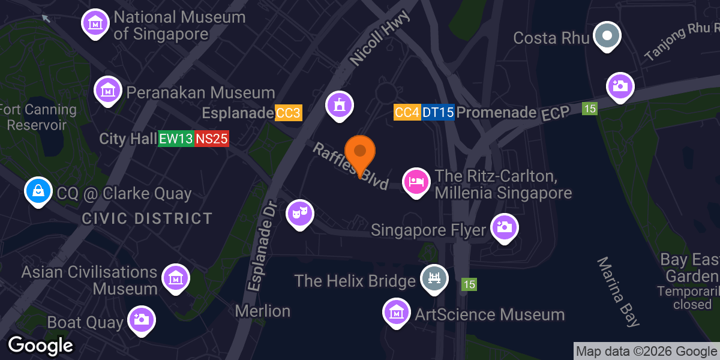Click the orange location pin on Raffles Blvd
click(360, 151)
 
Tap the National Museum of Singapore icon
click(94, 22)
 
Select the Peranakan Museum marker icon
click(107, 91)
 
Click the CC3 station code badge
click(288, 113)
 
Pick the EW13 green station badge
click(176, 139)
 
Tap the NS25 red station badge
click(211, 139)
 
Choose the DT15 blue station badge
click(438, 112)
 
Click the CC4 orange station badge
click(407, 112)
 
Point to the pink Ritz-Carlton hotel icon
click(416, 181)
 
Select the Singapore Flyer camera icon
click(504, 227)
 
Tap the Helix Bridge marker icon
click(434, 278)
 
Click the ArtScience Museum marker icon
click(396, 312)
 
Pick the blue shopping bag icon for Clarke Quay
click(38, 191)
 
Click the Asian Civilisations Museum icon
click(176, 278)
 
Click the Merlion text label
click(263, 311)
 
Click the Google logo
click(40, 346)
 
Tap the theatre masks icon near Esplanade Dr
click(300, 213)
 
